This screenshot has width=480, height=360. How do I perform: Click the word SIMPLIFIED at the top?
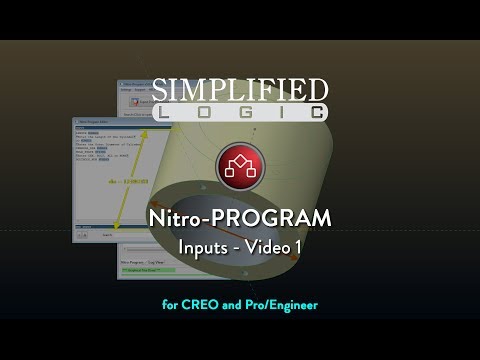coord(239,89)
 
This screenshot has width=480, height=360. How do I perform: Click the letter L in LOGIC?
coord(167,113)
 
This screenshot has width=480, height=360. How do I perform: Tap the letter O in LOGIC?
coord(205,113)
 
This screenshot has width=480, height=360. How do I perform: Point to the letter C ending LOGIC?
coord(314,113)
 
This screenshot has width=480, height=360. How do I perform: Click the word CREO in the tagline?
coord(204,303)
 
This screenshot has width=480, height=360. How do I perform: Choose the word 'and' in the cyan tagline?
coord(239,303)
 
